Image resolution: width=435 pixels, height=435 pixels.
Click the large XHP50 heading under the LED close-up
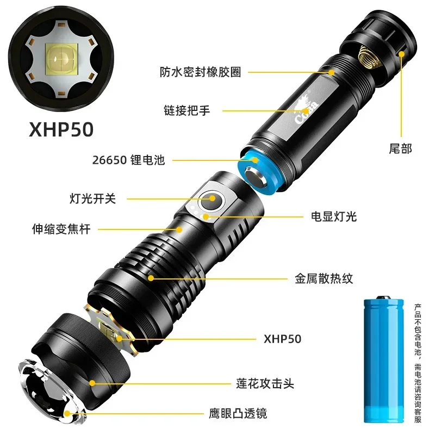(x=61, y=129)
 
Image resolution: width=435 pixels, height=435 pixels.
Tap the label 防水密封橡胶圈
(x=200, y=72)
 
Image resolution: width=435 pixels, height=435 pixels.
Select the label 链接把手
(x=187, y=110)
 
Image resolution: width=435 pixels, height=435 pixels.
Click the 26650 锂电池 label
(x=128, y=160)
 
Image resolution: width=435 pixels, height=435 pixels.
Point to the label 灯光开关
(x=92, y=198)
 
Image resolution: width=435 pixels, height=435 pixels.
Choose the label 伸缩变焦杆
(x=61, y=229)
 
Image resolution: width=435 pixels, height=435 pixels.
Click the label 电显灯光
(x=334, y=216)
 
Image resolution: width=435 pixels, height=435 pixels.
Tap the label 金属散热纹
(x=324, y=278)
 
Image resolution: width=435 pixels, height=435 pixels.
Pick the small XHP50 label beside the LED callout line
(x=282, y=339)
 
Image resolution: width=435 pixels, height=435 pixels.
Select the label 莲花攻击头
(x=265, y=384)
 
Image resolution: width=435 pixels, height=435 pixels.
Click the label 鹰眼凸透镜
(x=238, y=413)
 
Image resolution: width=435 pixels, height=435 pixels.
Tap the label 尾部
(x=400, y=148)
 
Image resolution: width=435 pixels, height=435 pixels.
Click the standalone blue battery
(x=384, y=360)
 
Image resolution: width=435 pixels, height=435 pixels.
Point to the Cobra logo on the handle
(x=306, y=109)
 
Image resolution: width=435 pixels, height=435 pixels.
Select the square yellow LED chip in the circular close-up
(x=61, y=59)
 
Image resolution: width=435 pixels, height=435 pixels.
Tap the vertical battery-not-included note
(x=418, y=363)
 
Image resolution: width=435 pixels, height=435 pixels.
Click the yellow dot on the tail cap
(x=401, y=54)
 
